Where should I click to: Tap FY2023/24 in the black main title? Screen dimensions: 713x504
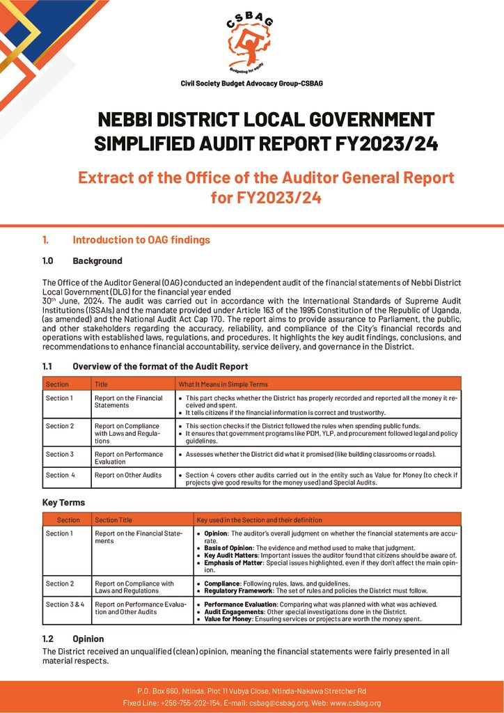tap(379, 143)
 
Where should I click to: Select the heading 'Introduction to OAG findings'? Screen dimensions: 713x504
tap(141, 240)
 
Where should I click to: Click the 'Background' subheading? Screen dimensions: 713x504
tap(97, 261)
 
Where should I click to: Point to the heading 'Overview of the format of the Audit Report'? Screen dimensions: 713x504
tap(160, 366)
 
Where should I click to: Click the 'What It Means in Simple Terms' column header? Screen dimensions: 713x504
tap(223, 384)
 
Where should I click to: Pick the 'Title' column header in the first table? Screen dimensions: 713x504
tap(102, 384)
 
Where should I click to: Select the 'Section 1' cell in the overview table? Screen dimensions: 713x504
tap(59, 398)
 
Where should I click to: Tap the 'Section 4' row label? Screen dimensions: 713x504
tap(61, 475)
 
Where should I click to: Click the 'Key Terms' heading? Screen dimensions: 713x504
tap(63, 502)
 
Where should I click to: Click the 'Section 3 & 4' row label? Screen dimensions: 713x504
tap(65, 604)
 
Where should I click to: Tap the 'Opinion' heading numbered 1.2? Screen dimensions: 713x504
tap(88, 638)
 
